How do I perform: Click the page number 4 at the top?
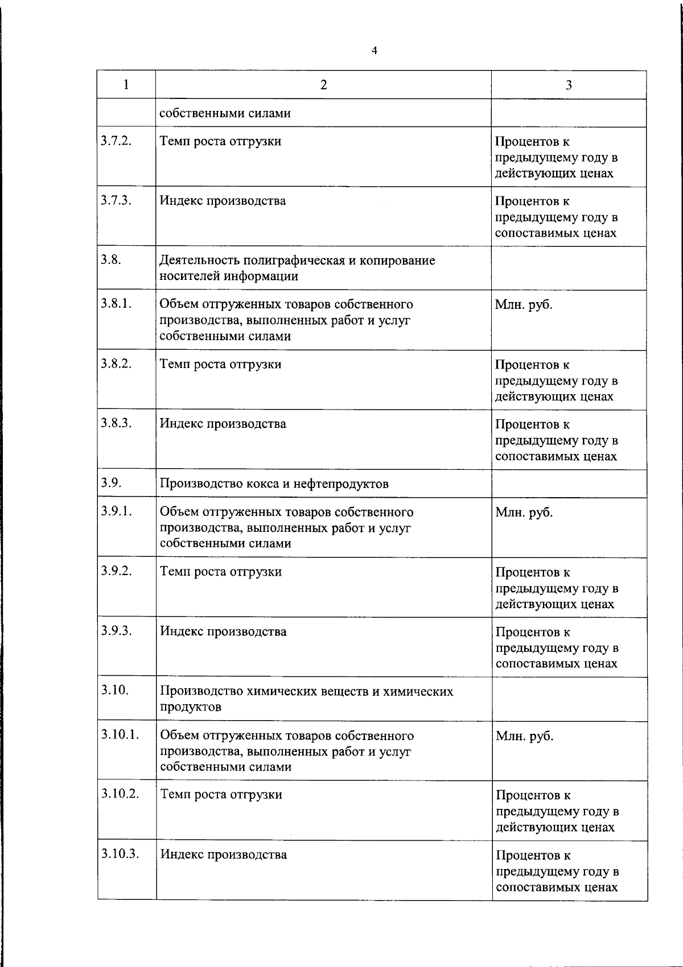(x=374, y=51)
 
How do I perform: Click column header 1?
(x=126, y=85)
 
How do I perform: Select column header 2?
(x=323, y=85)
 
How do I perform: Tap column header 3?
(x=568, y=85)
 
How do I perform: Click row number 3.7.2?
(x=117, y=140)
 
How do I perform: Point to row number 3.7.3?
(x=117, y=200)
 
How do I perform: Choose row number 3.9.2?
(x=117, y=571)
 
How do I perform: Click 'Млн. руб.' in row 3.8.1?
(x=524, y=304)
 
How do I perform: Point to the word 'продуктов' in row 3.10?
(x=191, y=707)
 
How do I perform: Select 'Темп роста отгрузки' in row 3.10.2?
(x=221, y=794)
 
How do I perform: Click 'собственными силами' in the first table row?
(x=225, y=113)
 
